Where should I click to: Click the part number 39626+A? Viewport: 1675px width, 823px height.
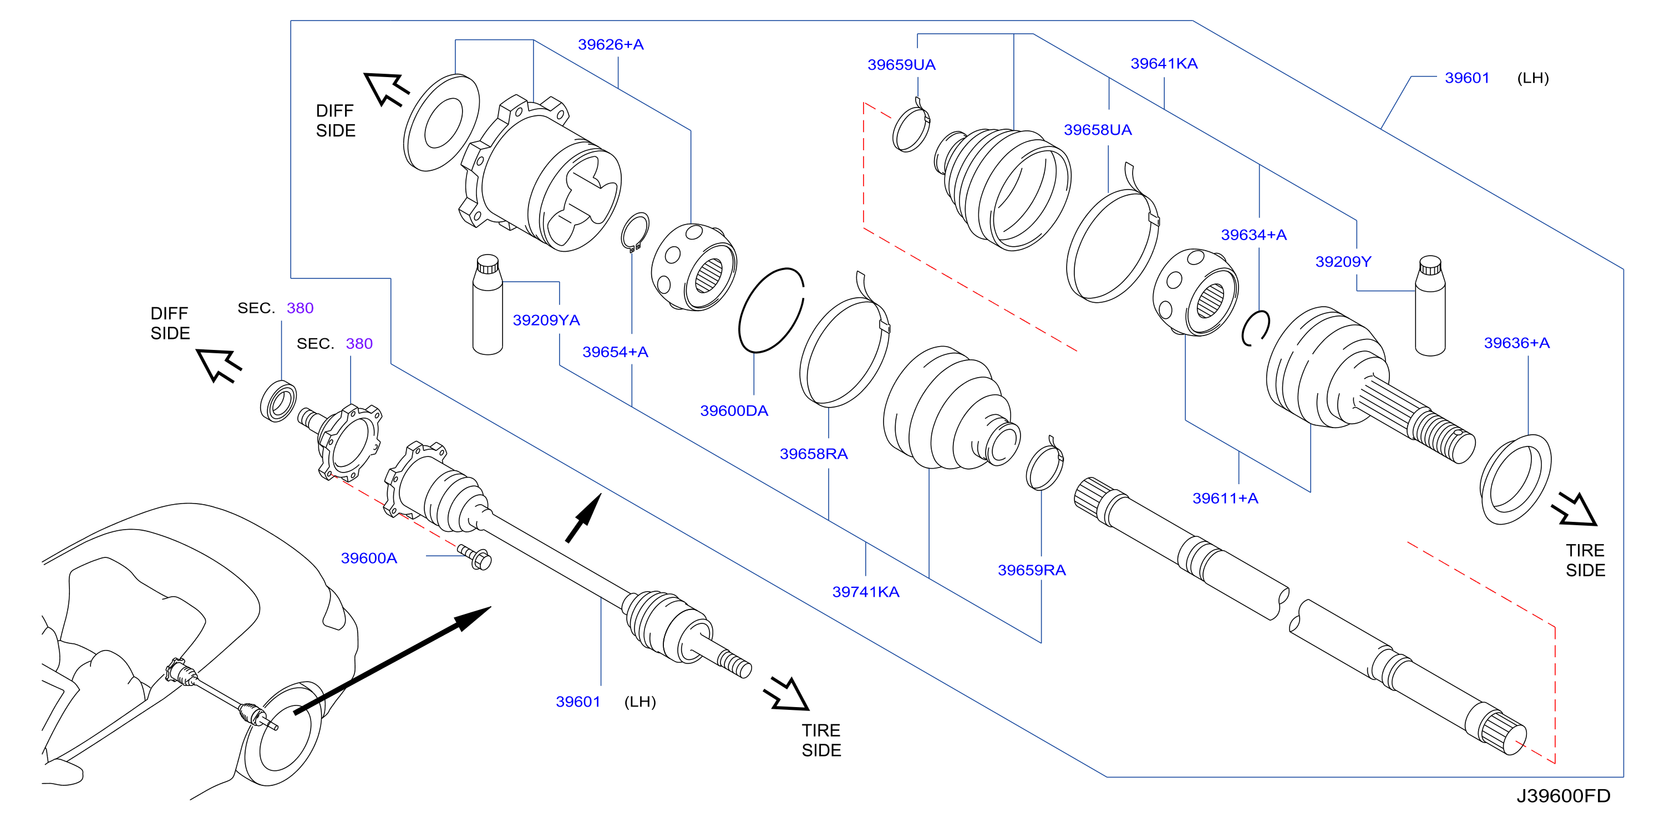611,44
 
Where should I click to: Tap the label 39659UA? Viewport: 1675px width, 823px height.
901,64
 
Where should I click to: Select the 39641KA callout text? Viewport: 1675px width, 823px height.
1164,63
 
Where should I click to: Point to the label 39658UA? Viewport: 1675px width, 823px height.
1098,129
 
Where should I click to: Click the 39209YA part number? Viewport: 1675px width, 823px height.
546,320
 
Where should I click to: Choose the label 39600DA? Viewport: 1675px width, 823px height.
734,410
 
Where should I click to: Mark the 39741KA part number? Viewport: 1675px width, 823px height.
865,592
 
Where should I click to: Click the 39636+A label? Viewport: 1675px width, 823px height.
1516,343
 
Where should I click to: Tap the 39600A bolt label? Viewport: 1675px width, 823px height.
369,558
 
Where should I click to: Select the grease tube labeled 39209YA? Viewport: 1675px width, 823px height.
488,304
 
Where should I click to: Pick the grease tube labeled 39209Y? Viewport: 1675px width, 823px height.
1430,306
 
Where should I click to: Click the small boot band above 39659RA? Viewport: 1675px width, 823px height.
1044,463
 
